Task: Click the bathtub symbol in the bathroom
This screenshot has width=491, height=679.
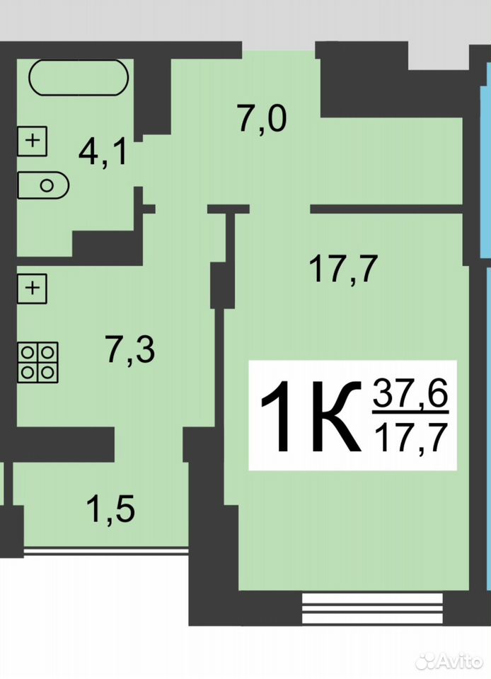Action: coord(79,78)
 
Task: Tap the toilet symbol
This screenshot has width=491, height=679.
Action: coord(43,185)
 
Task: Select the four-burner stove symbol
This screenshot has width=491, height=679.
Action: coord(37,362)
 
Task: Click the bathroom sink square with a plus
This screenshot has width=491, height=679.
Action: coord(32,141)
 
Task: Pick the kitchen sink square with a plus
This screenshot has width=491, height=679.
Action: coord(32,289)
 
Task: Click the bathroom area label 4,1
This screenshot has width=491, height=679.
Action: coord(103,153)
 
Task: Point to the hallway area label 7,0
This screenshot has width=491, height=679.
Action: coord(262,119)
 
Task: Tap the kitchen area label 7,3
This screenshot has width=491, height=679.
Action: coord(129,350)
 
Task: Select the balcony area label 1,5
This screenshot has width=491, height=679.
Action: coord(110,509)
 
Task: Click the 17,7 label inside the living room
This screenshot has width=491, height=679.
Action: coord(344,269)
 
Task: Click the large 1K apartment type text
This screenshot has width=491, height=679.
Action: coord(311,416)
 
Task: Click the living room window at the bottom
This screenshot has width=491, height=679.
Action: coord(372,608)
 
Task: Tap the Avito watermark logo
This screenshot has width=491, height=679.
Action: coord(449,661)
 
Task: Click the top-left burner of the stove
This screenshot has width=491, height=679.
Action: coord(28,352)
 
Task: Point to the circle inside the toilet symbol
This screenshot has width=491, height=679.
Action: coord(47,186)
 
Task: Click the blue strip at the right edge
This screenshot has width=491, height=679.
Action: coord(486,173)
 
